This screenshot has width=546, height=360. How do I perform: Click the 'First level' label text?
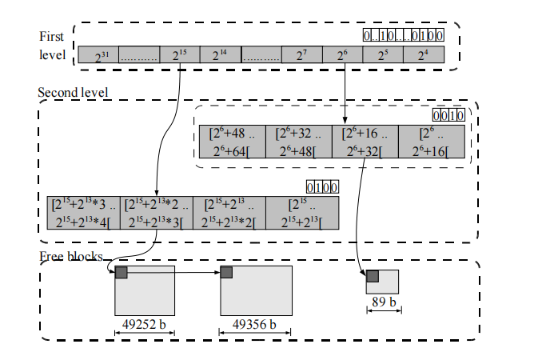(x=53, y=46)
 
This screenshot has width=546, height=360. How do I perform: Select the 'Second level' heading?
(x=73, y=92)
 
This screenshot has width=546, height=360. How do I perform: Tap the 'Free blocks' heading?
(x=70, y=256)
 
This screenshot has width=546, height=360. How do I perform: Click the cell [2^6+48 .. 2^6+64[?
(x=231, y=141)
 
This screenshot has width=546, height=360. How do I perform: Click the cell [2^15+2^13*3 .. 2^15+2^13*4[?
(x=84, y=212)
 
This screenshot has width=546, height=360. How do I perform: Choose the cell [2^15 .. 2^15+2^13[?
(x=302, y=212)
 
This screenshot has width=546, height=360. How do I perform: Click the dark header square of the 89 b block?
(x=372, y=276)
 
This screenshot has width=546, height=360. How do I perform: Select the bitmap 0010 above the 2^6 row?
(x=448, y=115)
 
